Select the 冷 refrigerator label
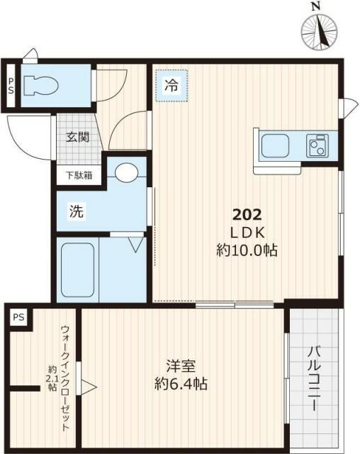click(171, 85)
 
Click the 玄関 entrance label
click(78, 138)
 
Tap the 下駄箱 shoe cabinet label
click(79, 175)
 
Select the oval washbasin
click(127, 173)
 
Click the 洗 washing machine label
click(74, 211)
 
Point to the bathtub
click(77, 270)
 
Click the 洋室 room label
click(181, 368)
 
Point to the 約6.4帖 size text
click(181, 385)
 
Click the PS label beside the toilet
click(11, 86)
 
